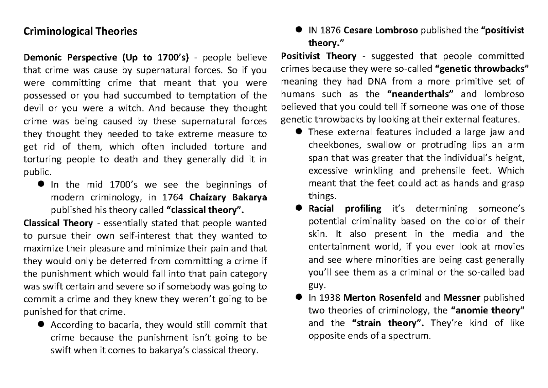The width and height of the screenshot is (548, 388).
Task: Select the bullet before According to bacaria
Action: pyautogui.click(x=41, y=325)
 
